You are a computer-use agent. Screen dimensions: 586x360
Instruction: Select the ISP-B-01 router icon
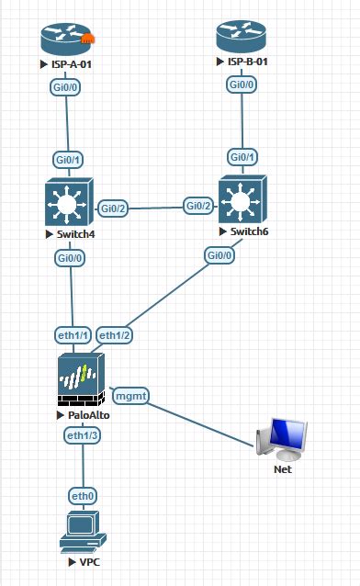pyautogui.click(x=242, y=38)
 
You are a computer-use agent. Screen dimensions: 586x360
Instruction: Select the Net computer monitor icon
pyautogui.click(x=283, y=439)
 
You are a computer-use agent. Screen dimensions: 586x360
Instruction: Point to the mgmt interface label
pyautogui.click(x=130, y=396)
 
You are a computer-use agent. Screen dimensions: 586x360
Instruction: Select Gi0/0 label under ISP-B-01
pyautogui.click(x=242, y=85)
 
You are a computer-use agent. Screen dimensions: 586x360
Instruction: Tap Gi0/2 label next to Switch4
pyautogui.click(x=113, y=208)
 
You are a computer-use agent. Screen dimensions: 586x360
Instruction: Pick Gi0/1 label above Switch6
pyautogui.click(x=242, y=157)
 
